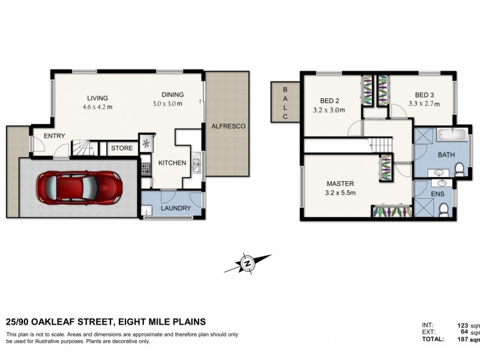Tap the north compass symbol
click(x=247, y=262)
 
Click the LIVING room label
click(x=97, y=98)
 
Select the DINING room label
click(x=172, y=95)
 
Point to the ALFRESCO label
click(x=227, y=126)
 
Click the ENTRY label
click(x=54, y=136)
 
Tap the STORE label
click(x=121, y=148)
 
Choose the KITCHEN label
click(x=172, y=163)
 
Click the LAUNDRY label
click(x=176, y=208)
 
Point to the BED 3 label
click(x=424, y=95)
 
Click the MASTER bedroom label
click(x=340, y=184)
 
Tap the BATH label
click(x=446, y=155)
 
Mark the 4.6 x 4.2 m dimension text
click(x=98, y=107)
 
